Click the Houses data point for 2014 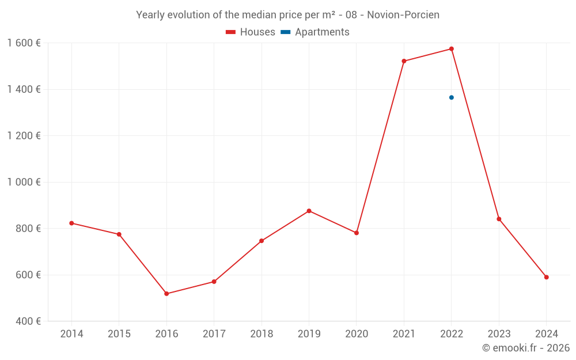click(71, 223)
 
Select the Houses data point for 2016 click(166, 294)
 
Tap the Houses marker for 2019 click(309, 211)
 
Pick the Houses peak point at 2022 click(452, 49)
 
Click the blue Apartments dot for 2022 click(452, 97)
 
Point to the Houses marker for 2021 click(404, 61)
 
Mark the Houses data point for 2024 click(547, 277)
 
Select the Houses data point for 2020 click(357, 233)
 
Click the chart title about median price click(287, 15)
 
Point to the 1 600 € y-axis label click(24, 43)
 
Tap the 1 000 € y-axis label click(24, 182)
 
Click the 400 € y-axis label click(27, 321)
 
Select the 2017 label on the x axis click(214, 334)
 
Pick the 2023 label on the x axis click(499, 334)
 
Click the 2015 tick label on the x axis click(119, 334)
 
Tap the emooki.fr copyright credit click(525, 348)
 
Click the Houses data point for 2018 click(262, 241)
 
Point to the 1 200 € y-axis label click(24, 136)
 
